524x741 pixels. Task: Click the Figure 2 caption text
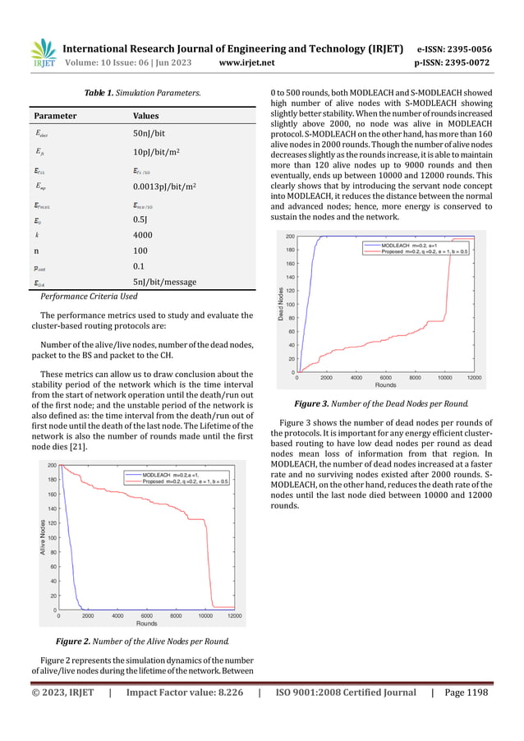[x=135, y=641]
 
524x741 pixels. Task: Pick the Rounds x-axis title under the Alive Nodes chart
[x=146, y=624]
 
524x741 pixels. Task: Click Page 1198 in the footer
[x=464, y=693]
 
